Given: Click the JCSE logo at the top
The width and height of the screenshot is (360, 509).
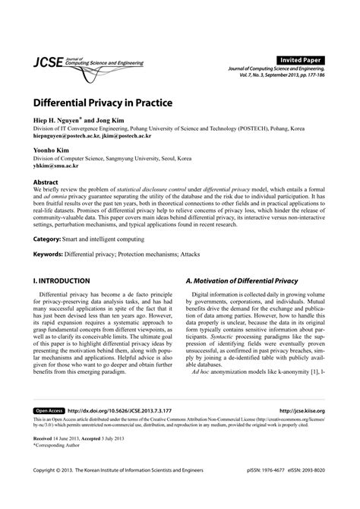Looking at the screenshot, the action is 48,63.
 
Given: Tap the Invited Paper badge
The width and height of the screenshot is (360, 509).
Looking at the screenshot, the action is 299,59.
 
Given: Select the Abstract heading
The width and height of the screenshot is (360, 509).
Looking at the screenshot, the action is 48,183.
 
